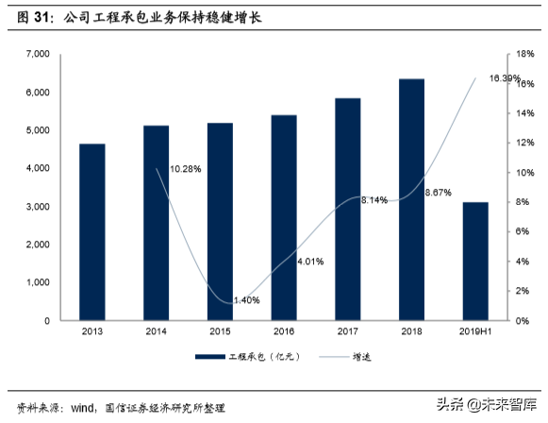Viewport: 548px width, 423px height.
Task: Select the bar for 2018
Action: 411,199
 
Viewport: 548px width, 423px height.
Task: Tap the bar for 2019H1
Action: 475,262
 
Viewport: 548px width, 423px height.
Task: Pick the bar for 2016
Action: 283,218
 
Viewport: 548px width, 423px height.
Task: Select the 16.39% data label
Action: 505,77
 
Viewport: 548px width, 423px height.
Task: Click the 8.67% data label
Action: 439,193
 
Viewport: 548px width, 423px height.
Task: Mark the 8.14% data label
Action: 374,199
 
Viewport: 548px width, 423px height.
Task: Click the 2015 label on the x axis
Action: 219,332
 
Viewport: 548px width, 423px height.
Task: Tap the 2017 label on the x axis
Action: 347,332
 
